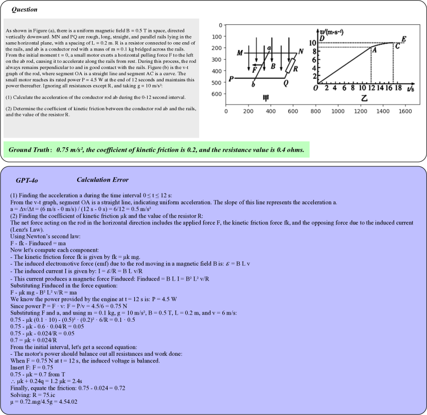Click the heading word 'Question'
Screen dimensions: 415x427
pos(24,9)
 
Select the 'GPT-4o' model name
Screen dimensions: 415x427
pos(27,180)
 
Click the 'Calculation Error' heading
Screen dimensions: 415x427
pos(102,180)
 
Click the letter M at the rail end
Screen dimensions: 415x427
pos(240,53)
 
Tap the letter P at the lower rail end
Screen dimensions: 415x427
pos(232,79)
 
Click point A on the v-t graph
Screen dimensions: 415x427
pos(374,50)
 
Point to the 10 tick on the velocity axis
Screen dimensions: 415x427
pos(312,43)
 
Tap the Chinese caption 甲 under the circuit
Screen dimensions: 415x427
pos(265,98)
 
